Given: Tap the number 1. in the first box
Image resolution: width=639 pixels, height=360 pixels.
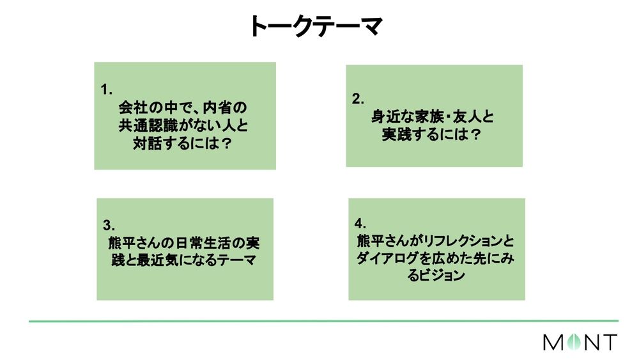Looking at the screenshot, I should click(107, 89).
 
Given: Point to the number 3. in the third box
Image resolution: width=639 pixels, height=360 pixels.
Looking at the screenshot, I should click(108, 224).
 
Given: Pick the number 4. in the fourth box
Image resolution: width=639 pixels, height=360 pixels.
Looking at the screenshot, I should click(360, 223).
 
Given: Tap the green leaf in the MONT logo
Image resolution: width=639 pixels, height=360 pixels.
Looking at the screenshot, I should click(572, 342).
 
